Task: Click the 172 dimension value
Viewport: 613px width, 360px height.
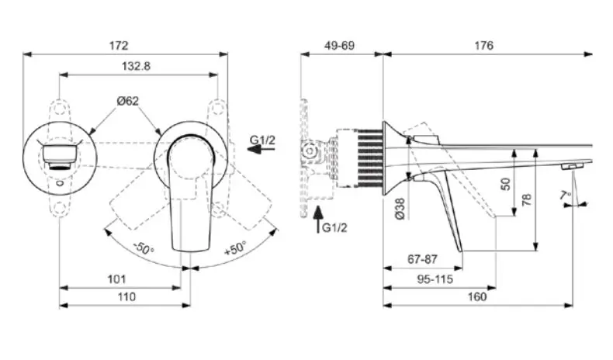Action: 119,46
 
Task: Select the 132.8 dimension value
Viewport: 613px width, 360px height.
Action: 136,66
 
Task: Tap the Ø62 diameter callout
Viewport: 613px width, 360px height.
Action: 128,101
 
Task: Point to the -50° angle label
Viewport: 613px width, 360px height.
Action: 144,248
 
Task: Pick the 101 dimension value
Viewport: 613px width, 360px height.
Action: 116,279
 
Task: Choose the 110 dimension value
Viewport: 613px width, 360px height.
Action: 126,297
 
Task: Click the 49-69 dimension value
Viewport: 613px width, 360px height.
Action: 339,46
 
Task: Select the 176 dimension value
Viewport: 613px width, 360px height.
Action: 484,46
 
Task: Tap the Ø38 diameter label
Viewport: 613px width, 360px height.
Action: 400,209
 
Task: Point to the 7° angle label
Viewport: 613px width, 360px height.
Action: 566,195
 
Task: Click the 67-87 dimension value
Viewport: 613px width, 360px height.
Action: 422,259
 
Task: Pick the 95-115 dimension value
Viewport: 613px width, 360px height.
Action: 435,279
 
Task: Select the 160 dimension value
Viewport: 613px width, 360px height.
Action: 477,297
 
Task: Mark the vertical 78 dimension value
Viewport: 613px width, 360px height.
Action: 527,199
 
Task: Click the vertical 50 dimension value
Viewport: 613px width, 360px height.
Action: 505,184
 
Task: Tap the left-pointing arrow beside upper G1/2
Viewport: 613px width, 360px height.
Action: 261,149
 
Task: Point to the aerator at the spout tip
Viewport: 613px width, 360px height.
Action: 571,166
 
